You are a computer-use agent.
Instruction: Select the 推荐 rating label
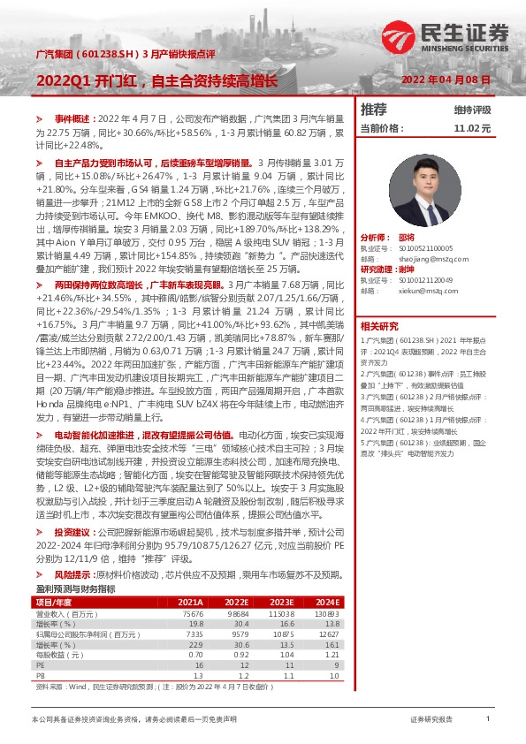[x=374, y=110]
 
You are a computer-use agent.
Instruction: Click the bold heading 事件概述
[x=72, y=118]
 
